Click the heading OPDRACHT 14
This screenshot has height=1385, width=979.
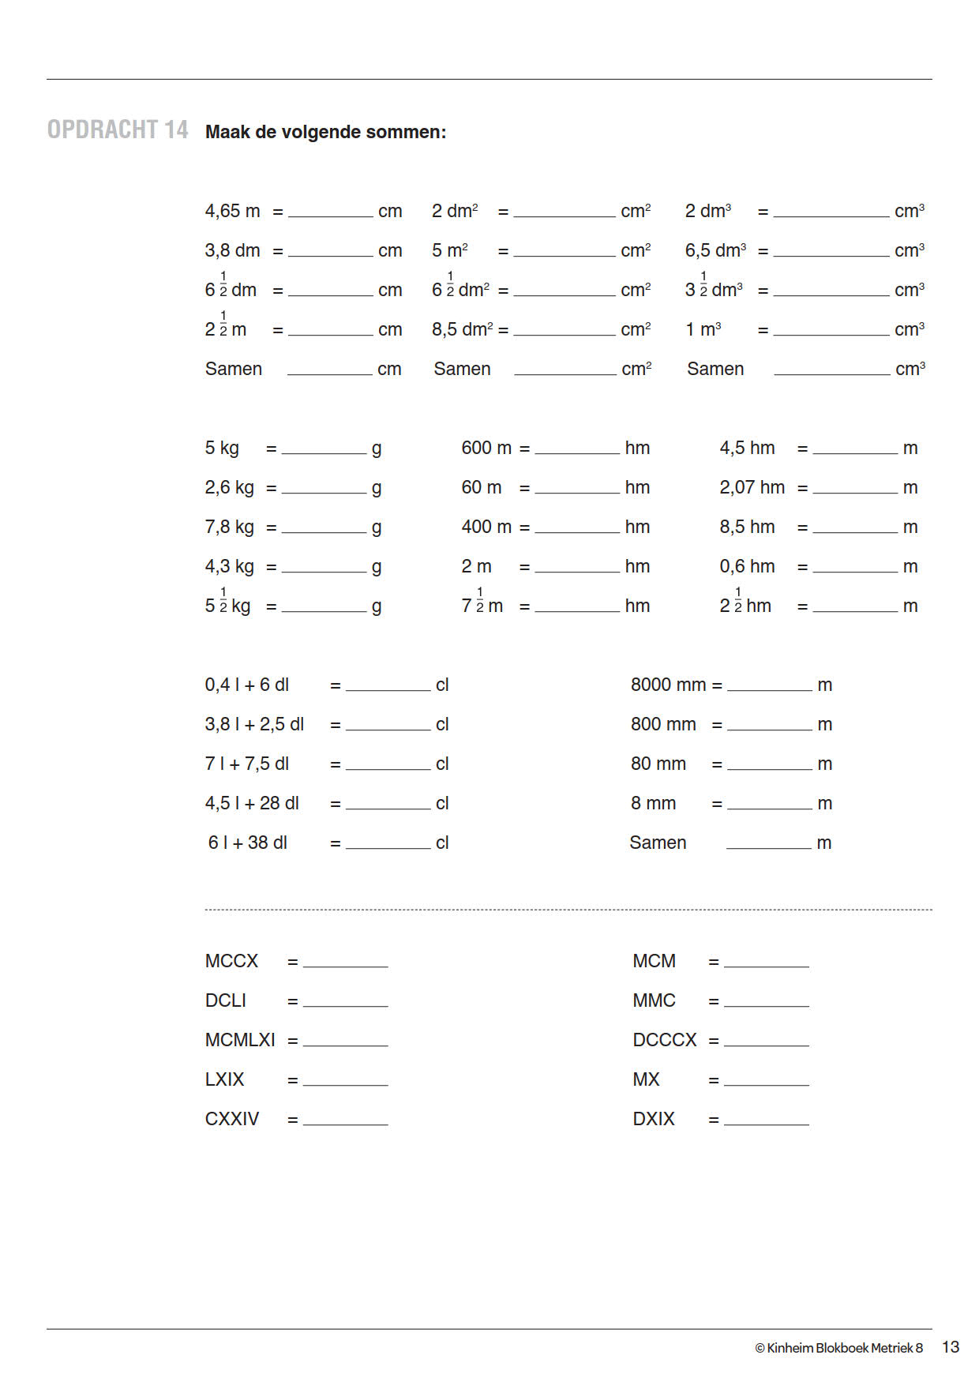118,130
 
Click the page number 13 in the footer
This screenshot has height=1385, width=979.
951,1347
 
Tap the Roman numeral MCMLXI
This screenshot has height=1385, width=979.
240,1040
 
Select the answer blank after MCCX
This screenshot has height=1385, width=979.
345,961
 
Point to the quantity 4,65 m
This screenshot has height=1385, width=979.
232,211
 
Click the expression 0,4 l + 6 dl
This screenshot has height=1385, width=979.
247,685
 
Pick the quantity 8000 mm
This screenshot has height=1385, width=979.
668,685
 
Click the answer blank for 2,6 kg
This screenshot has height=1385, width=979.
324,487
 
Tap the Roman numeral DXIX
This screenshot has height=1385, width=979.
654,1119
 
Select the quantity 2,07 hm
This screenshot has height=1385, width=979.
752,487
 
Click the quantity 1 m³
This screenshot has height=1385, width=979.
703,329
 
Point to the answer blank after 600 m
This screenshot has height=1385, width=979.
577,448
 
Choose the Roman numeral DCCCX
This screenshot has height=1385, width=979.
665,1040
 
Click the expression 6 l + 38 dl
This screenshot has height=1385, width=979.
248,843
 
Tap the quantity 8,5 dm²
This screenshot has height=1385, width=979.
463,329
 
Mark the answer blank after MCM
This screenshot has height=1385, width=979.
766,961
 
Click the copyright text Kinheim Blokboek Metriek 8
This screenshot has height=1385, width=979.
838,1348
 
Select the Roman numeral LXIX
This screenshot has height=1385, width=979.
225,1079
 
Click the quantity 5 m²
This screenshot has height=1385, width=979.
450,250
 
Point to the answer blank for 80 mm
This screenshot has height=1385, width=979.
769,764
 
